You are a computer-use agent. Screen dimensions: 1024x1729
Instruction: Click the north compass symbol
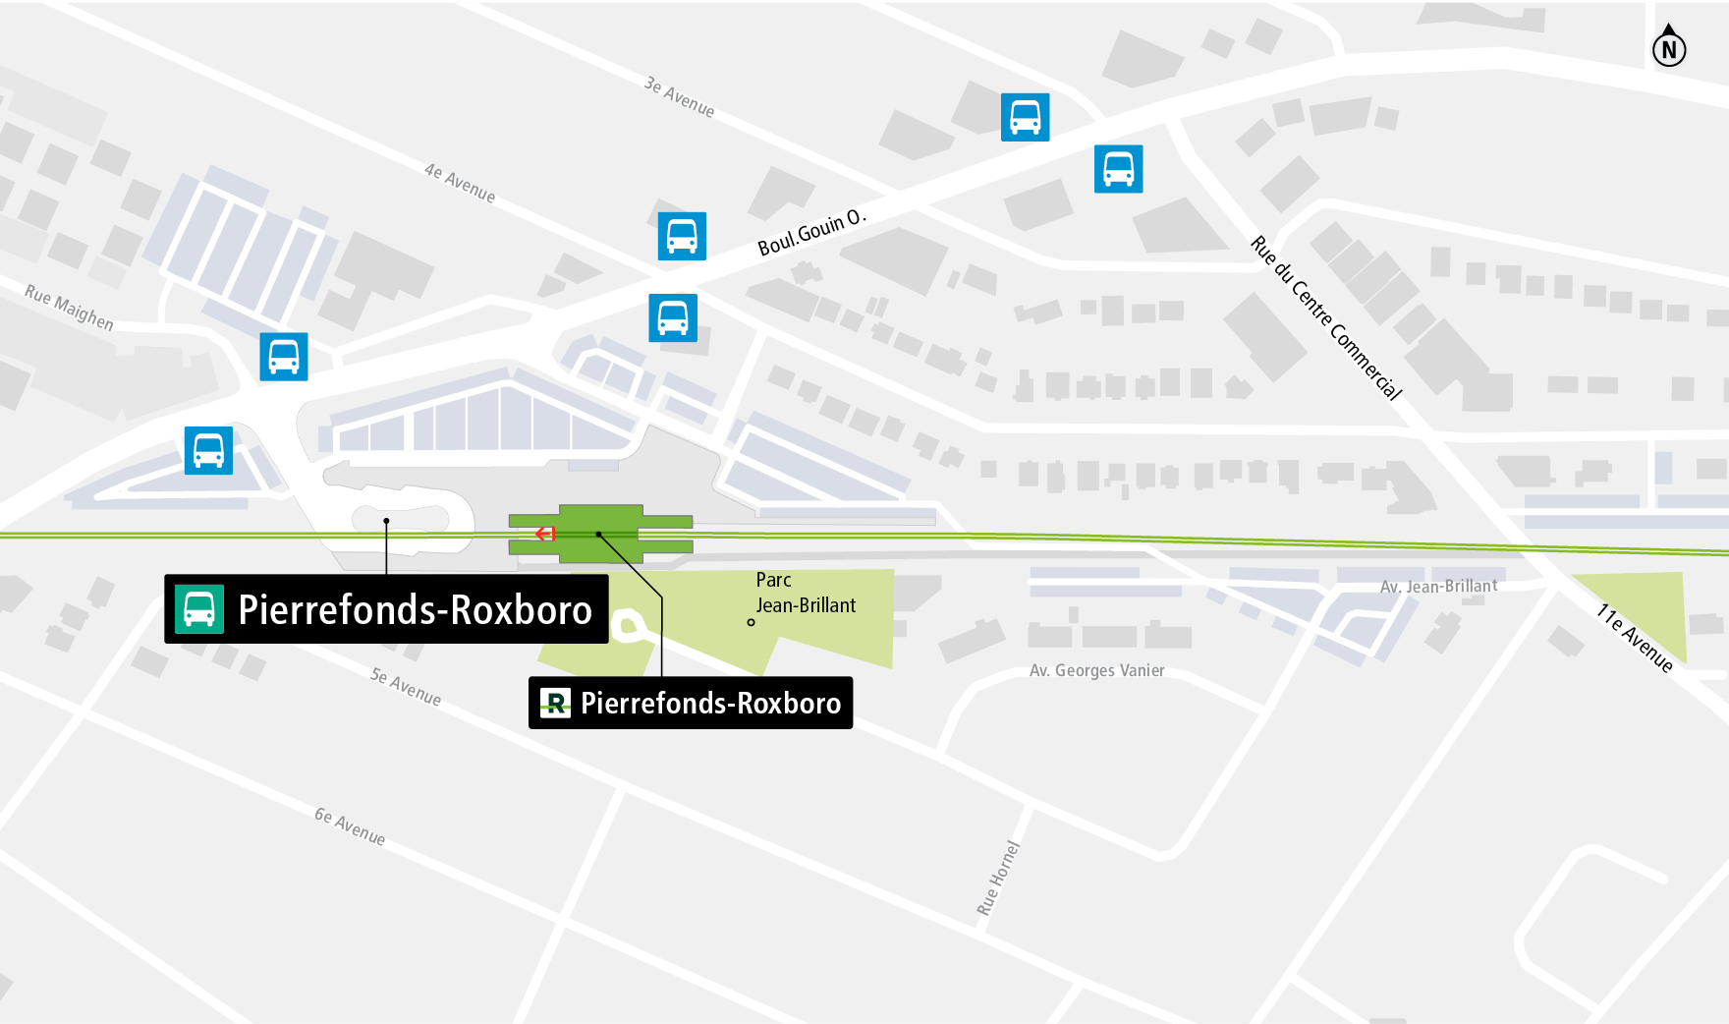tap(1668, 47)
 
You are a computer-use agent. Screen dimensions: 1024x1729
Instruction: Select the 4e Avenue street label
tap(460, 183)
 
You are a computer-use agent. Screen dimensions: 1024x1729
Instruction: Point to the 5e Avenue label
tap(406, 687)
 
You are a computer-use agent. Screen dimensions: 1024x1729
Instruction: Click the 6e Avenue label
tap(350, 826)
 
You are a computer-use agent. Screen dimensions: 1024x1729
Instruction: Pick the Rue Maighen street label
tap(69, 308)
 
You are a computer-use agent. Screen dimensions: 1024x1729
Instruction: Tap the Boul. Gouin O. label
tap(811, 233)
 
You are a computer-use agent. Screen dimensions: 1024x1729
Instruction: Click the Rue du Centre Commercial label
tap(1326, 317)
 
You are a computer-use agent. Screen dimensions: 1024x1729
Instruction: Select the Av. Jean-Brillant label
tap(1438, 587)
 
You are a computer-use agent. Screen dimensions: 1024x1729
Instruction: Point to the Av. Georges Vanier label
tap(1096, 670)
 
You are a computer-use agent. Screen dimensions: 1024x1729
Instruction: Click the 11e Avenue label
tap(1635, 638)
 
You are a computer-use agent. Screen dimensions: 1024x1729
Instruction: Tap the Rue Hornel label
tap(998, 879)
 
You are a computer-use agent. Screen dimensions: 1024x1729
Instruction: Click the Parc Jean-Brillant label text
tap(805, 593)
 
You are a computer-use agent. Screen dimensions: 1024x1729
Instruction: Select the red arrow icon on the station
tap(545, 534)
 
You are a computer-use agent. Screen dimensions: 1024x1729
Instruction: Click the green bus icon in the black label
tap(199, 609)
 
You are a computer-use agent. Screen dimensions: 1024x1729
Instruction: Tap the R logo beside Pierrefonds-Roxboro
tap(555, 703)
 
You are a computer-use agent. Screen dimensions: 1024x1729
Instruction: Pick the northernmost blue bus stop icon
tap(1025, 117)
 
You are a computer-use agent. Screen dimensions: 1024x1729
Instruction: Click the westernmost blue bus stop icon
tap(208, 450)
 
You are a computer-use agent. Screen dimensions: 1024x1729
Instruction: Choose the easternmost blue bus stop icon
tap(1118, 168)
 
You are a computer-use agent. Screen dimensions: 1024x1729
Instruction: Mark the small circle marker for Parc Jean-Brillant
tap(751, 622)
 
